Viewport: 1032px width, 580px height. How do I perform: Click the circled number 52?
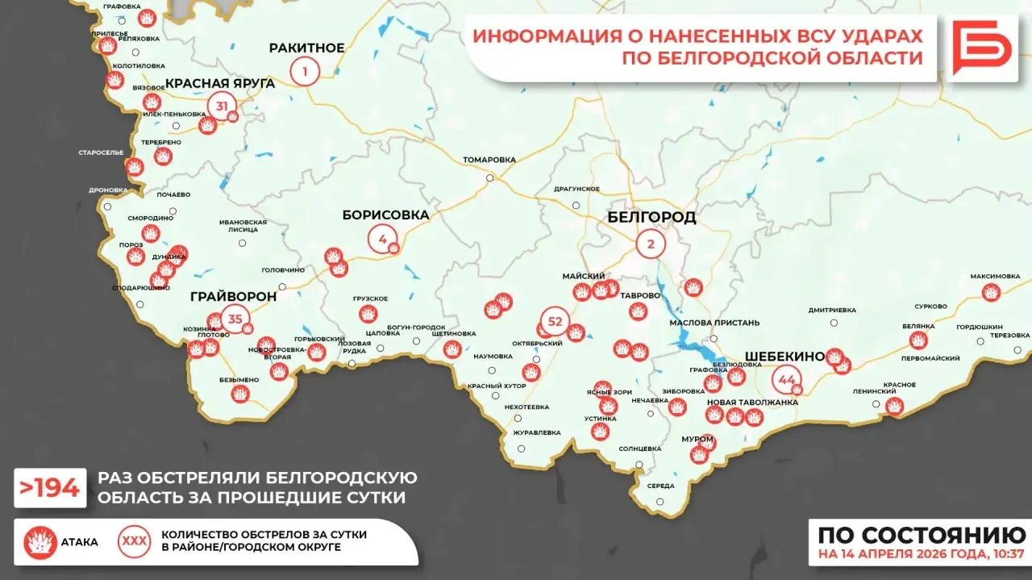pyautogui.click(x=555, y=321)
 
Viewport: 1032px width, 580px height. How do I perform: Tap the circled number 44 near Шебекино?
pyautogui.click(x=787, y=379)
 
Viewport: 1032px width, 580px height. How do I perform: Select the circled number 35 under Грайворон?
pyautogui.click(x=235, y=319)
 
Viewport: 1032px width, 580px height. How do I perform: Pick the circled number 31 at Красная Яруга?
pyautogui.click(x=222, y=106)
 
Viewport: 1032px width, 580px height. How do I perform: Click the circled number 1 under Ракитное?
pyautogui.click(x=305, y=72)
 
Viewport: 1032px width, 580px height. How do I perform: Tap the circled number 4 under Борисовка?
pyautogui.click(x=382, y=238)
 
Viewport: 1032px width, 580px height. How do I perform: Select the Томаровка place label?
pyautogui.click(x=489, y=160)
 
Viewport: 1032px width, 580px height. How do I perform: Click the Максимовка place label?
pyautogui.click(x=995, y=276)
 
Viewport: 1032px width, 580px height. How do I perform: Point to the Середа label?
pyautogui.click(x=660, y=486)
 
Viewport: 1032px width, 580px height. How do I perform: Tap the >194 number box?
pyautogui.click(x=50, y=487)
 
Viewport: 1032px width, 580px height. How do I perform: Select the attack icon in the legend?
pyautogui.click(x=40, y=542)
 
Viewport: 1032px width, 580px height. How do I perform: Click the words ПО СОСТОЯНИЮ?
pyautogui.click(x=922, y=536)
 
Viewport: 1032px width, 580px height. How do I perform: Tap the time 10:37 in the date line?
pyautogui.click(x=1010, y=555)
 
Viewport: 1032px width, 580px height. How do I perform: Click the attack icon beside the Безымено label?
pyautogui.click(x=239, y=394)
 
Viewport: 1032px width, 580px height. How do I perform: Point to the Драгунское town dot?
pyautogui.click(x=576, y=205)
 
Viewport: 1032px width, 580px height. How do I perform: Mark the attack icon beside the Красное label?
pyautogui.click(x=894, y=406)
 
